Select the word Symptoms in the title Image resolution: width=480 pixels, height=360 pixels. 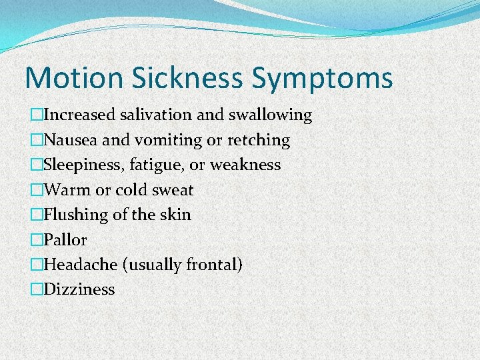pyautogui.click(x=322, y=79)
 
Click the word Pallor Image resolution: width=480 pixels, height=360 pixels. pyautogui.click(x=65, y=239)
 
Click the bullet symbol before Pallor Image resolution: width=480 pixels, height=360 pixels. pyautogui.click(x=36, y=240)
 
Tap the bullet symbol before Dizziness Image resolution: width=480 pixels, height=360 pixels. pyautogui.click(x=36, y=290)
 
